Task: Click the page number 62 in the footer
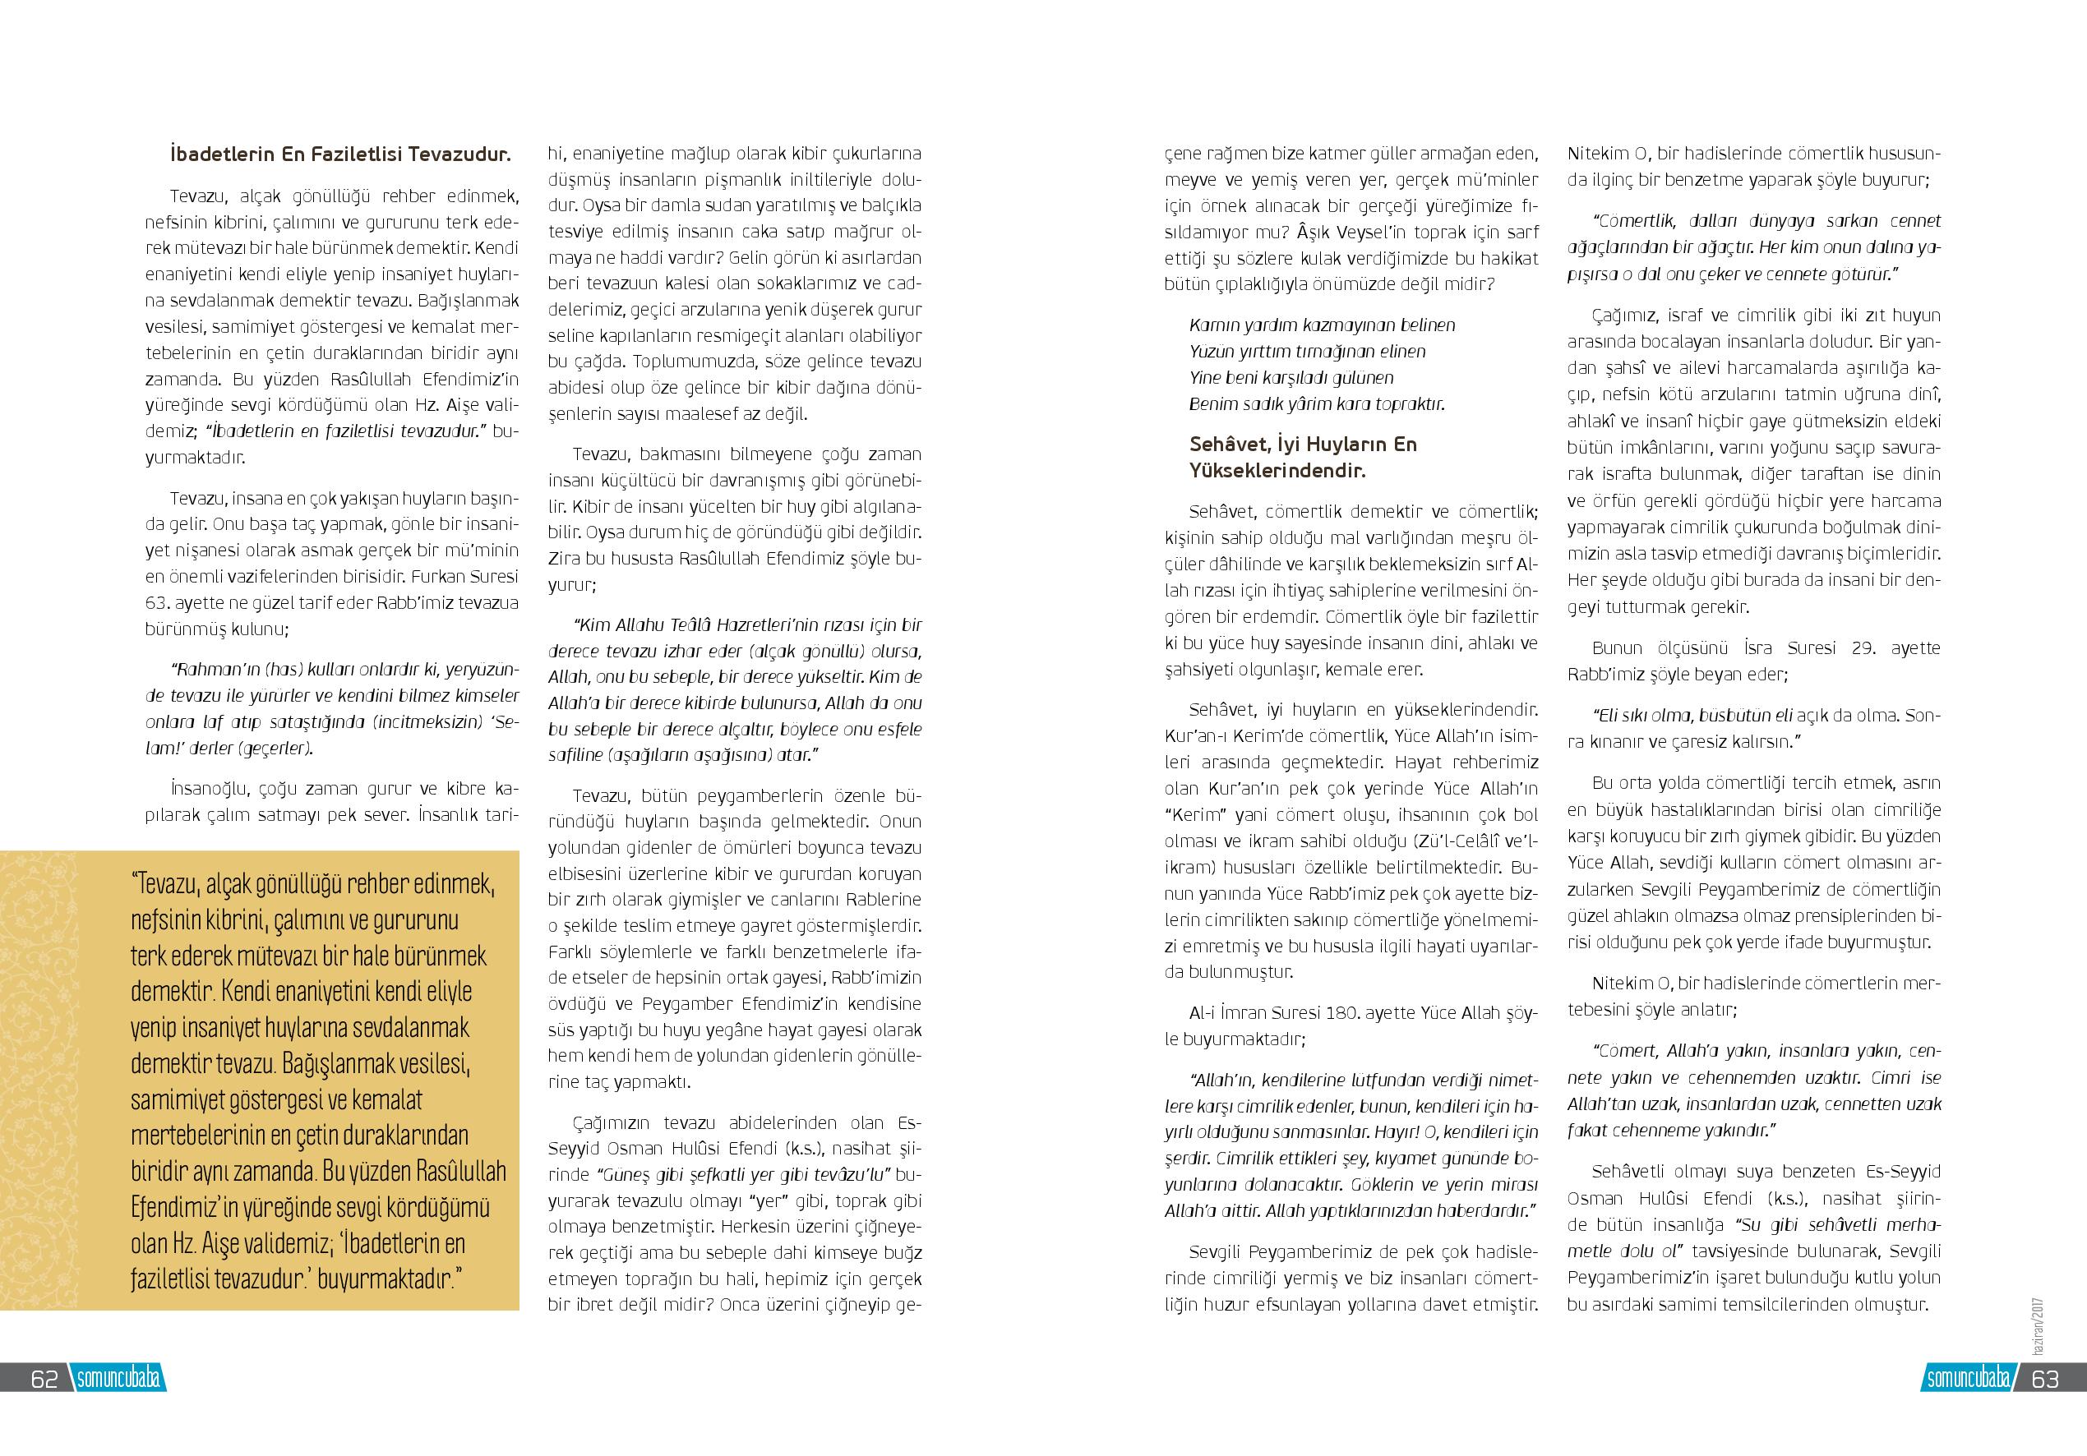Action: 44,1378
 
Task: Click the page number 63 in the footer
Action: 2044,1378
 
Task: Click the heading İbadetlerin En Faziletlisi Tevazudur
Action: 340,154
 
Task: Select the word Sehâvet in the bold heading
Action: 1226,445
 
